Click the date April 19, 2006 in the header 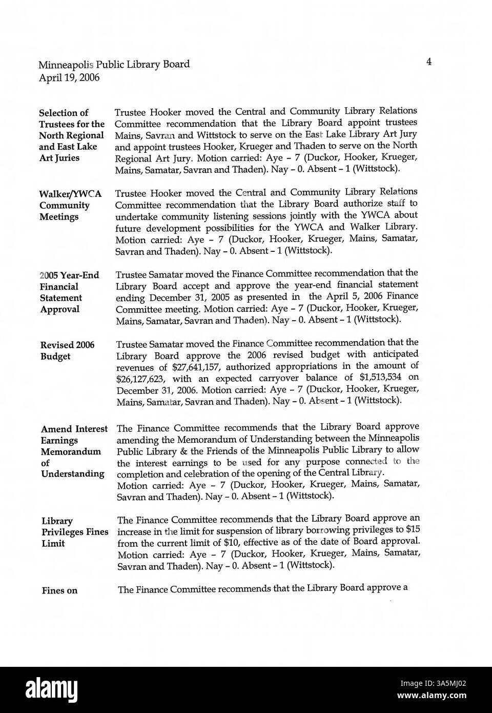coord(69,78)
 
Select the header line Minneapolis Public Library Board coord(114,64)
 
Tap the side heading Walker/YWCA coord(70,194)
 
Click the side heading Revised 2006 coord(67,345)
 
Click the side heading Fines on coord(59,591)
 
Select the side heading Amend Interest coord(74,429)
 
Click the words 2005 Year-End coord(69,275)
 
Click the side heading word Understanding coord(73,474)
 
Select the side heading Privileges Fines coord(75,532)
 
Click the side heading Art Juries coord(59,158)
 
